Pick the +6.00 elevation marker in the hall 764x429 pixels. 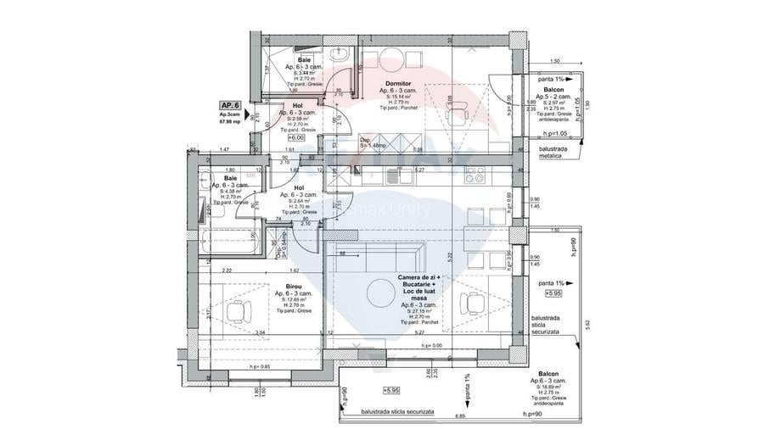tap(296, 136)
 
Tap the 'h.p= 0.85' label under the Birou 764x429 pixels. tap(261, 367)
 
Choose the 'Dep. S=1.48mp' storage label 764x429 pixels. tap(374, 142)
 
